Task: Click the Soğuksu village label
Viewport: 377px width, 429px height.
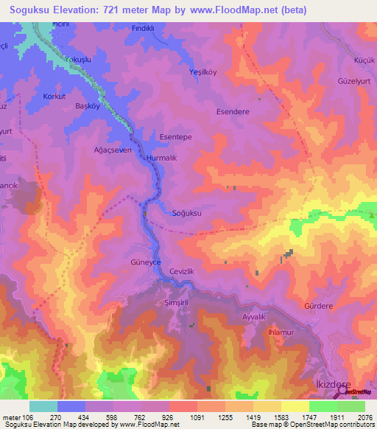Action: tap(186, 213)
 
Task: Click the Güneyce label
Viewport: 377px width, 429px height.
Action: tap(144, 263)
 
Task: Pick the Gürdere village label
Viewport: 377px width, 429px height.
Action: tap(319, 305)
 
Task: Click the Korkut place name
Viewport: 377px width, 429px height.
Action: tap(54, 97)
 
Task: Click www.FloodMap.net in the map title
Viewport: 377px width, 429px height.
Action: tap(222, 10)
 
